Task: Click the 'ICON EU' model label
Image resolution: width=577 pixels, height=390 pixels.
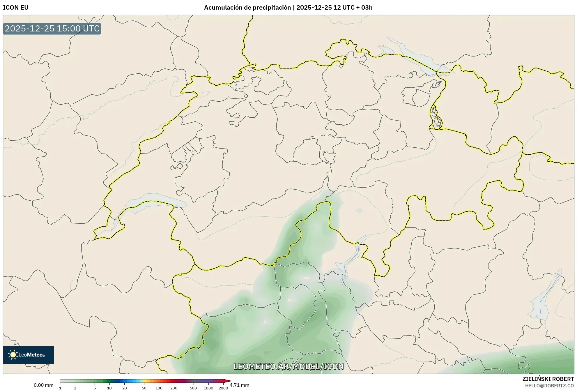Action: coord(16,8)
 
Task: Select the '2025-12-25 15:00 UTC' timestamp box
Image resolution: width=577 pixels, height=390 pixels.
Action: coord(52,29)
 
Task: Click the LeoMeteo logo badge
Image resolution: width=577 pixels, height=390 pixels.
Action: coord(29,355)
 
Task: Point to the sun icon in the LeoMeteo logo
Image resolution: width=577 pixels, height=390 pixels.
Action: coord(13,354)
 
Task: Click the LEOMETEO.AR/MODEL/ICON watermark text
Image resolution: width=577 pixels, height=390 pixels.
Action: coord(288,366)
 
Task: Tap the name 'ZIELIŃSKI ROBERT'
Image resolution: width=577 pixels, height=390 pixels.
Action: coord(548,379)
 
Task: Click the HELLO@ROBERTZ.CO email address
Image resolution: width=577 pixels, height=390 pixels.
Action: coord(549,386)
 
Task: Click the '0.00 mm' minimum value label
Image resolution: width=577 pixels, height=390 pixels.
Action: coord(43,385)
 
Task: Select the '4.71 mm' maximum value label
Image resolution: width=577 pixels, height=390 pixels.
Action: coord(240,385)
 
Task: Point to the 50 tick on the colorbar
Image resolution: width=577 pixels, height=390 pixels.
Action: coord(144,388)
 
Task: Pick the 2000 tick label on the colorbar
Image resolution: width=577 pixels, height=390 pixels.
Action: coord(223,388)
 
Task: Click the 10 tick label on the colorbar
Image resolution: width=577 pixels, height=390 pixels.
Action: coord(109,388)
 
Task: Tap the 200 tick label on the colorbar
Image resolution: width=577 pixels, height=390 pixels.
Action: coord(174,388)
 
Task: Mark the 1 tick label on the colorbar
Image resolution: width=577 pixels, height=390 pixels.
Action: coord(60,388)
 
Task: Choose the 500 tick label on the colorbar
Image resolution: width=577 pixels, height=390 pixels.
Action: coord(193,388)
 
